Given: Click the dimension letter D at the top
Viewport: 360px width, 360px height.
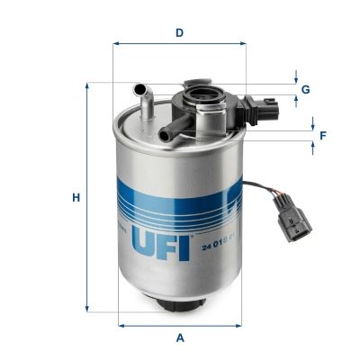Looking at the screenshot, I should pyautogui.click(x=180, y=32).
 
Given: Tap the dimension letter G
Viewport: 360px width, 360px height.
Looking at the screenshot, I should pyautogui.click(x=306, y=89).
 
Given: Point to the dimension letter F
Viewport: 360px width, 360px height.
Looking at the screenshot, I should pyautogui.click(x=322, y=136).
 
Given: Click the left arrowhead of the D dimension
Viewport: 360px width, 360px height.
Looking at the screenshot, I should pyautogui.click(x=118, y=43).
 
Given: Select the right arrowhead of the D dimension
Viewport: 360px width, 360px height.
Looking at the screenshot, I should pyautogui.click(x=243, y=43).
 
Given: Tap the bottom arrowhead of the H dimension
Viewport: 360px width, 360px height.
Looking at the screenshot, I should pyautogui.click(x=87, y=307).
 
